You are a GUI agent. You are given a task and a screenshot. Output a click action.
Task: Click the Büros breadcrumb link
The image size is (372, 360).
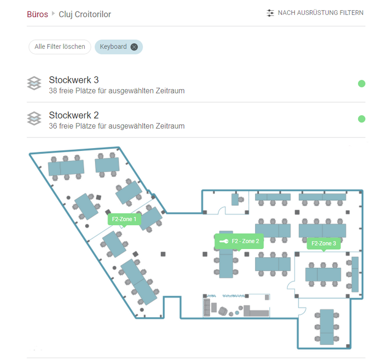coord(38,14)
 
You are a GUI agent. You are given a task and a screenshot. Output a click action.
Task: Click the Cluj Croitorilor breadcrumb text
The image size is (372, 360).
coord(85,14)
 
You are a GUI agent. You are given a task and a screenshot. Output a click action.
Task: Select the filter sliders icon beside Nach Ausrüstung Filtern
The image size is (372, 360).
coord(270,13)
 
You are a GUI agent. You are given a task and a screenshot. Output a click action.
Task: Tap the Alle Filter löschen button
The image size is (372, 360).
coord(60,47)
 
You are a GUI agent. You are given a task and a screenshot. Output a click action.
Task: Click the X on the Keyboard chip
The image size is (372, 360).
coord(134,47)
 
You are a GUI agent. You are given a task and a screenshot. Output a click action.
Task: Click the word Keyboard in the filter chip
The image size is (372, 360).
coord(113,47)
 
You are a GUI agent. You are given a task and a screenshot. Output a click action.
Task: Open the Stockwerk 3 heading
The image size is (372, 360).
coord(74,80)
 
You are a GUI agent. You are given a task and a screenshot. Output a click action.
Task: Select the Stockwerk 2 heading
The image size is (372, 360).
coord(74,115)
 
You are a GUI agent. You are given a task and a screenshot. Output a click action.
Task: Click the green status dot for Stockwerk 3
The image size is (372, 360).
coord(362,84)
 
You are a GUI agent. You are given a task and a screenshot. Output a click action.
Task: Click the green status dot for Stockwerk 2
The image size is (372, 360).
coord(362,119)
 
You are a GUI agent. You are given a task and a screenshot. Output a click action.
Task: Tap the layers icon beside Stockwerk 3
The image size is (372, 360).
coord(34,83)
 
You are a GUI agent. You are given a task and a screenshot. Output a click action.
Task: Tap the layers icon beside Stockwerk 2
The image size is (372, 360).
coord(34,118)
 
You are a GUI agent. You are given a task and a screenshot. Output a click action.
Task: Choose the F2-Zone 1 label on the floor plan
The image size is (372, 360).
coord(124,219)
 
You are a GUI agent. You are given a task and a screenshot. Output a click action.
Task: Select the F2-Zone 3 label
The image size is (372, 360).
coord(324,243)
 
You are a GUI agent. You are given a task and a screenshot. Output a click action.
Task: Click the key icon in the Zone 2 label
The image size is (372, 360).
coord(224,241)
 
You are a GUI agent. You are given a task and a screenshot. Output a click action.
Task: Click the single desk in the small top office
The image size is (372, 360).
coord(235,200)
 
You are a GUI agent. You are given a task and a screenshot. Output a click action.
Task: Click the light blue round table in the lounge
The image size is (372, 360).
coord(237,313)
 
